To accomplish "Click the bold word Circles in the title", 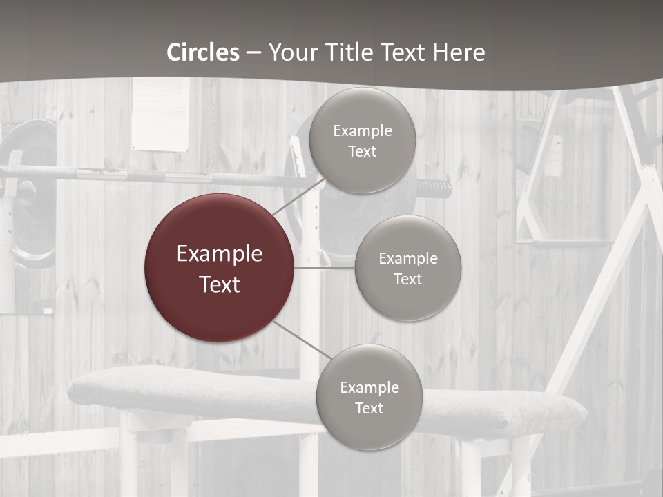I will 203,52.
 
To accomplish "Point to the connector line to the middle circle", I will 325,268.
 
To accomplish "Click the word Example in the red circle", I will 219,254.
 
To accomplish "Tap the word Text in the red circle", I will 219,284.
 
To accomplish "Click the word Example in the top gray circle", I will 362,130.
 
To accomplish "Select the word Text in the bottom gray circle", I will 369,408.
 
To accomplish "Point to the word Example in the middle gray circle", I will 407,258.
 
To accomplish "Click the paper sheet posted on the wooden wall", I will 160,114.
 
